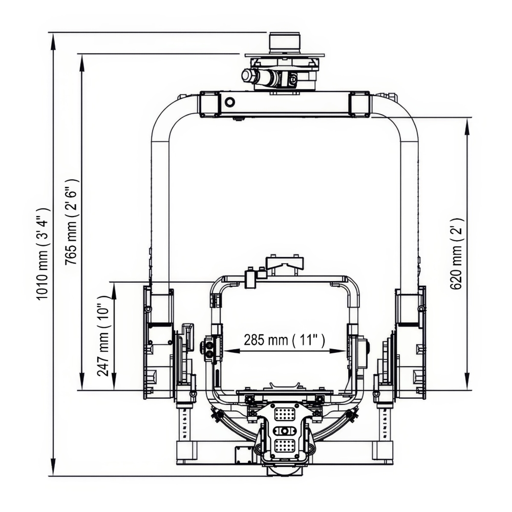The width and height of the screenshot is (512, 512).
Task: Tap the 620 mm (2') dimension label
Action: pyautogui.click(x=457, y=253)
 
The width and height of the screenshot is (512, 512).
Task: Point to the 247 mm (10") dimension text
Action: pyautogui.click(x=104, y=335)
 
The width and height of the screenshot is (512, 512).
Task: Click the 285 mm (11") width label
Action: pyautogui.click(x=285, y=340)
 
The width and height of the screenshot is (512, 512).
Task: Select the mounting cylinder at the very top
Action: pyautogui.click(x=283, y=42)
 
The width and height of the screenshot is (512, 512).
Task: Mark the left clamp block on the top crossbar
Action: pyautogui.click(x=210, y=104)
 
